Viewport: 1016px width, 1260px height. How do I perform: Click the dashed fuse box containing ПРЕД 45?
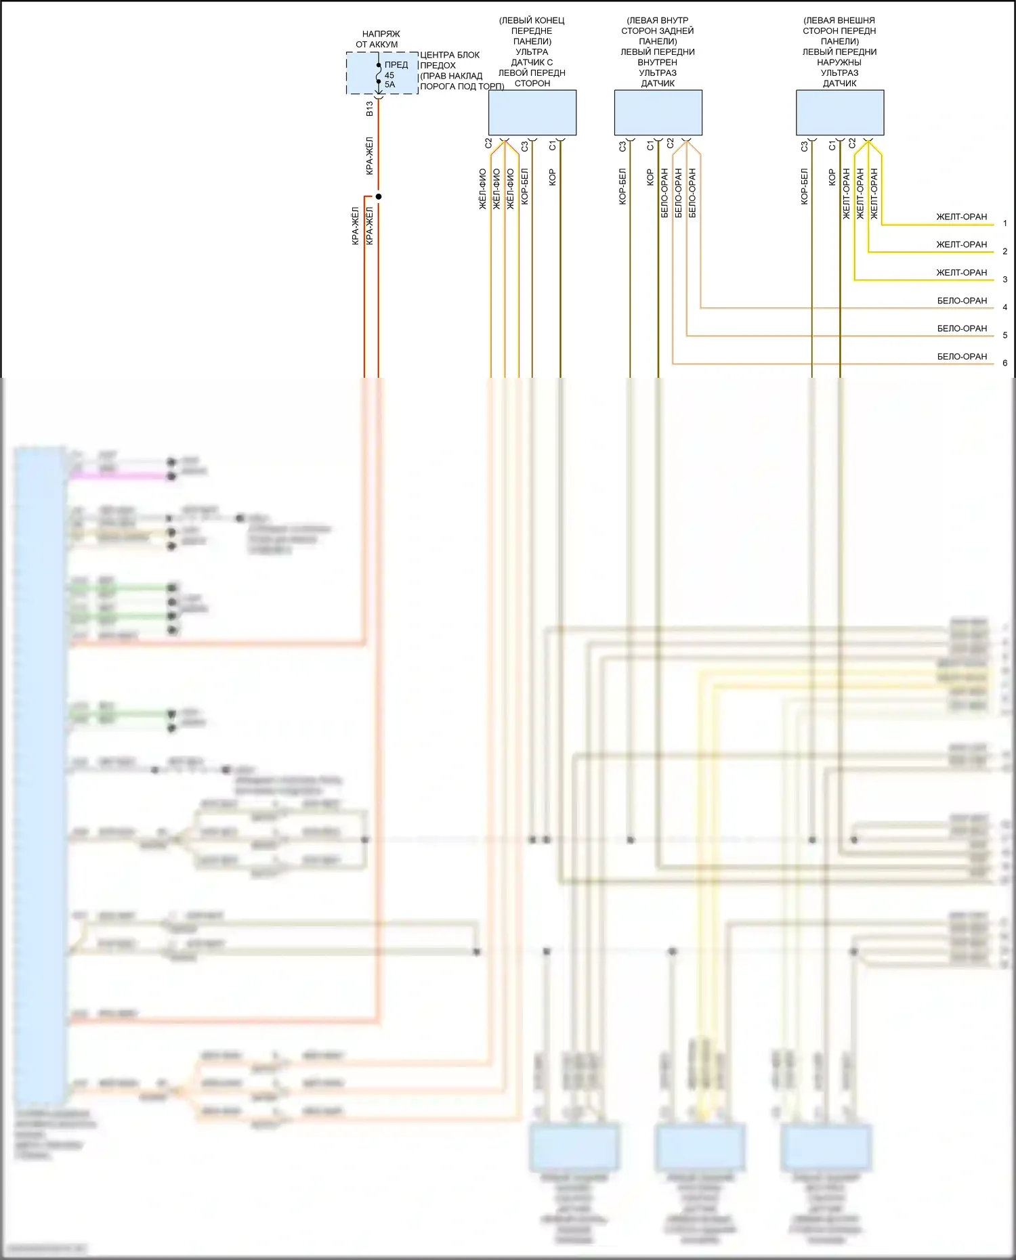click(382, 73)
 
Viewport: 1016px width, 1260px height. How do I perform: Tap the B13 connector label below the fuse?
click(369, 109)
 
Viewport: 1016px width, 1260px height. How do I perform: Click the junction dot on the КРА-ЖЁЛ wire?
click(379, 196)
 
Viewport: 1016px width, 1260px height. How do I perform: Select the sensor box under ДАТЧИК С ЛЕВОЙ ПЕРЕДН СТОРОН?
click(532, 112)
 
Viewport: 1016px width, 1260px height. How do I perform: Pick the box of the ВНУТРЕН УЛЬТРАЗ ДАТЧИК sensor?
click(658, 112)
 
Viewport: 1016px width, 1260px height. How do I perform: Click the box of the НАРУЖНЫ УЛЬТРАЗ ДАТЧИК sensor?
click(840, 112)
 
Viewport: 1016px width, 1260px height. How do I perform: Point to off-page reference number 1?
click(1004, 223)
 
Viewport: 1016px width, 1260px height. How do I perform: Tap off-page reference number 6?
click(1004, 363)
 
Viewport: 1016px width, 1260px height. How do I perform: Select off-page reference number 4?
click(1004, 307)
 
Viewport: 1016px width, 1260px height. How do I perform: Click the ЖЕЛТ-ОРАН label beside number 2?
click(961, 244)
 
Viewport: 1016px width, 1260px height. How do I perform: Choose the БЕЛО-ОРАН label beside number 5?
click(962, 328)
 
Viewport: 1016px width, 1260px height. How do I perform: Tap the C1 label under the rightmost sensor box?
click(832, 145)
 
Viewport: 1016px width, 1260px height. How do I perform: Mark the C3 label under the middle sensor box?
click(622, 145)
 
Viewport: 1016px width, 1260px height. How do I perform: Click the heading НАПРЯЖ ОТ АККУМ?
click(377, 39)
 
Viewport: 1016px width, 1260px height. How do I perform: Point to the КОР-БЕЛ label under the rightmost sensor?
click(804, 187)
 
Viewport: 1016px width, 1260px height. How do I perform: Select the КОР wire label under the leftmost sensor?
click(552, 177)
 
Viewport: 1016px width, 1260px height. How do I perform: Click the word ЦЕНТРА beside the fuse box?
click(436, 55)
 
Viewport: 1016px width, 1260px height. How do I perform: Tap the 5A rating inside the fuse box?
click(389, 85)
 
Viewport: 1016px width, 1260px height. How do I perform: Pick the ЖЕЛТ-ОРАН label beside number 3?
click(961, 272)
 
